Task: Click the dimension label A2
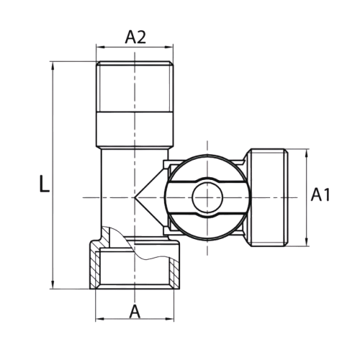click(x=135, y=37)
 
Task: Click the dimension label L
click(x=44, y=184)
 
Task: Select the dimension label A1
click(x=320, y=194)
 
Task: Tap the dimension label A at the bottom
click(x=135, y=312)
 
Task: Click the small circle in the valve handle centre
click(x=207, y=197)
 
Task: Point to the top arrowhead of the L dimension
click(x=53, y=66)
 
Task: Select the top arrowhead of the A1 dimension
click(x=306, y=153)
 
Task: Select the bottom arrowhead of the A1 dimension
click(x=306, y=242)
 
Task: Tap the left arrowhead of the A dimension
click(x=100, y=319)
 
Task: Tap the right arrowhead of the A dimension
click(x=169, y=319)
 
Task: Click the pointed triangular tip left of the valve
click(x=135, y=197)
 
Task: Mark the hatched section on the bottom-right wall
click(x=174, y=274)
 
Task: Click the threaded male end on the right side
click(x=267, y=197)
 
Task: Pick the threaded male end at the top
click(x=135, y=87)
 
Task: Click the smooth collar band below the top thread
click(x=135, y=130)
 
